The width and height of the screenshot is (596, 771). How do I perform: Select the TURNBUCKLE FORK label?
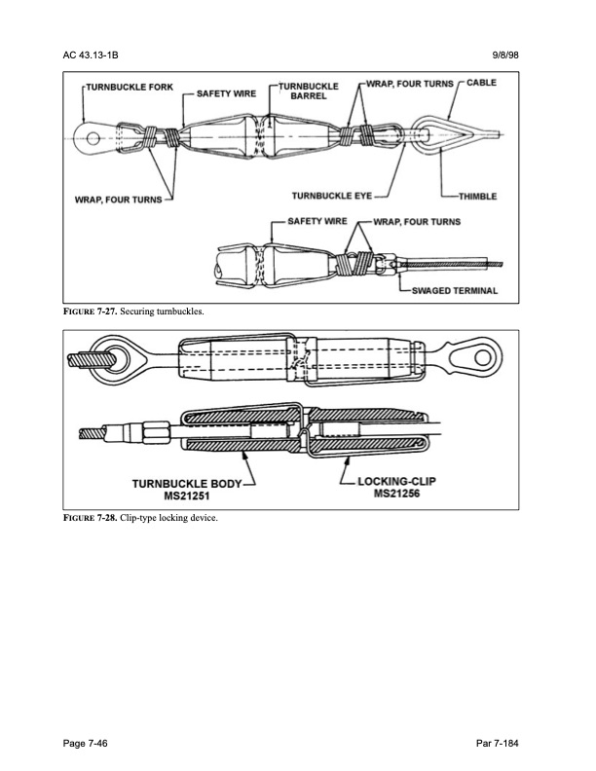pos(130,88)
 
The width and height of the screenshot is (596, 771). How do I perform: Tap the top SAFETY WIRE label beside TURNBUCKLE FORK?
pos(226,94)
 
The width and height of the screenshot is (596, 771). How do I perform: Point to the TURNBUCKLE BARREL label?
pos(309,92)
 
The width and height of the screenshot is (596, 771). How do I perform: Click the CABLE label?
pos(481,84)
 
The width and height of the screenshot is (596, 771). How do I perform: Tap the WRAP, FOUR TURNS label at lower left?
pos(119,202)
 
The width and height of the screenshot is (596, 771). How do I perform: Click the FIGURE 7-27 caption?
pos(141,312)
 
